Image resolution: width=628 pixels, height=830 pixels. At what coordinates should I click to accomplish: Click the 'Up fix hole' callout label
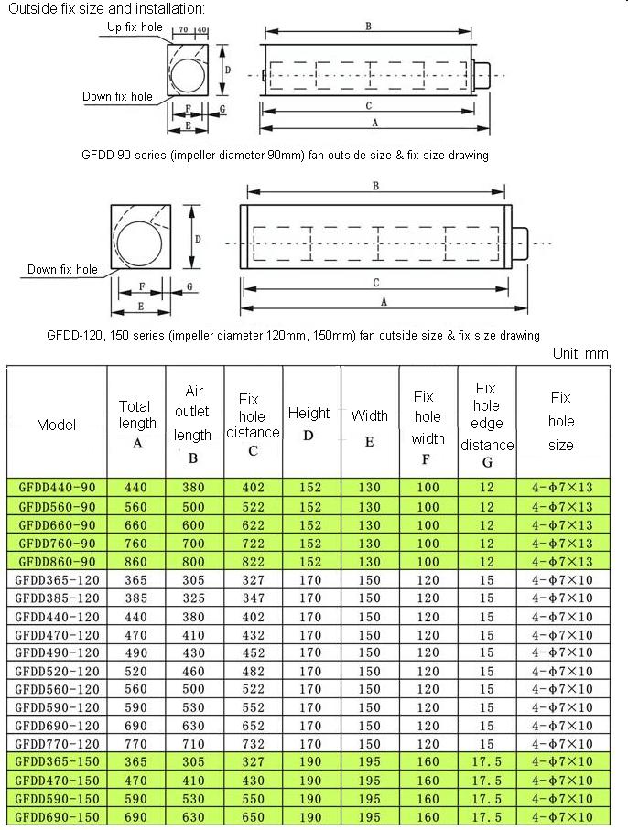(x=135, y=27)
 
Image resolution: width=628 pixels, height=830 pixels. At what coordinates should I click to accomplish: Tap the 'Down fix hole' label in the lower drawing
(x=62, y=269)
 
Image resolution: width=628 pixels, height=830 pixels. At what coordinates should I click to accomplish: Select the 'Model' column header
(x=57, y=425)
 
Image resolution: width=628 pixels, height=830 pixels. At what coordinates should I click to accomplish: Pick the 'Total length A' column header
(x=136, y=424)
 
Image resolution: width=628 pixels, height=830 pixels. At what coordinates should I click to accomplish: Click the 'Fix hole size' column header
(x=561, y=422)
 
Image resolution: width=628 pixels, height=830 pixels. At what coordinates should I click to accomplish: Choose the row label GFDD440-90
(x=57, y=488)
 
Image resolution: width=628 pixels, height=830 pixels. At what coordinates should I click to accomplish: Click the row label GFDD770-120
(x=57, y=744)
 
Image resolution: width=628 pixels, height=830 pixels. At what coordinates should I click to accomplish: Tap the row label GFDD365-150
(x=57, y=762)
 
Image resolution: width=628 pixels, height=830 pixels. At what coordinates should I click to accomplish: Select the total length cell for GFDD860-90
(x=136, y=561)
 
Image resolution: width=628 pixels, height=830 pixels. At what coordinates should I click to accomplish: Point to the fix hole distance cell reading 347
(x=253, y=598)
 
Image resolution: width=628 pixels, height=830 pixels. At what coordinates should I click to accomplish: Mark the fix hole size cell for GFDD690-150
(x=562, y=817)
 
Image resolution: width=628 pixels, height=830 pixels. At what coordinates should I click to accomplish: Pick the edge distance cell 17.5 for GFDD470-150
(x=487, y=781)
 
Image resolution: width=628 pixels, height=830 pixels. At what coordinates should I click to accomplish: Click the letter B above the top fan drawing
(x=368, y=27)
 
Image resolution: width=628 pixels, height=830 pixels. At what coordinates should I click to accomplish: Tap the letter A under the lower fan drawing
(x=383, y=301)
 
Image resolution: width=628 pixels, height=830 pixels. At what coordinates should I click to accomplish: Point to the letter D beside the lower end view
(x=198, y=238)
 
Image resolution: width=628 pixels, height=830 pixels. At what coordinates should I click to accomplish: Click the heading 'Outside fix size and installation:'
(x=105, y=9)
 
